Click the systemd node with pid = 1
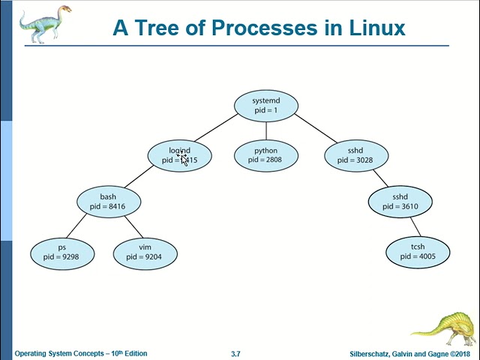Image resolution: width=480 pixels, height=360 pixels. click(265, 106)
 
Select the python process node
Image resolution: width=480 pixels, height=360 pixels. click(265, 155)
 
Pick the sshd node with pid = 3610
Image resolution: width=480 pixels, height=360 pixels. click(400, 202)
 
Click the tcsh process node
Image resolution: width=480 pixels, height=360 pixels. click(417, 251)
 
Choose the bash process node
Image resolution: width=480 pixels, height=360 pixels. click(108, 202)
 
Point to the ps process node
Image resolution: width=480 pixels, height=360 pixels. click(61, 251)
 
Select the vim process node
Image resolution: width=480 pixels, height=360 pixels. click(145, 251)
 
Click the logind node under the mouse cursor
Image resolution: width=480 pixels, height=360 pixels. click(180, 155)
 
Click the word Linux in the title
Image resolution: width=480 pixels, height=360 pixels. click(377, 28)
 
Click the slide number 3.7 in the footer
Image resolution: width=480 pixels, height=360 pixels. click(235, 354)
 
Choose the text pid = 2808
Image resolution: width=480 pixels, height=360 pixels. click(265, 160)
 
